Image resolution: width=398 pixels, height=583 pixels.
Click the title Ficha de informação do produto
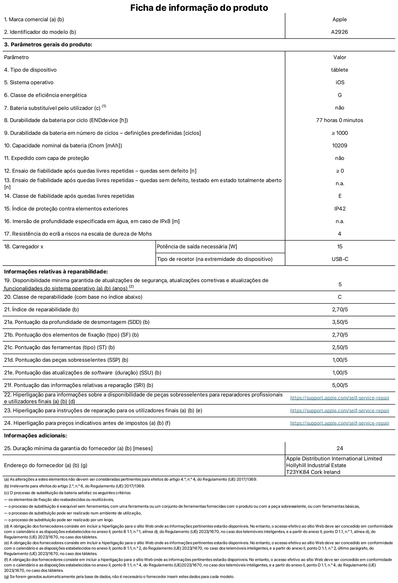click(199, 7)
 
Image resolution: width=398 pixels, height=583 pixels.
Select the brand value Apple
click(340, 19)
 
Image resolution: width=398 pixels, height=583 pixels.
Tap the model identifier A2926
click(340, 32)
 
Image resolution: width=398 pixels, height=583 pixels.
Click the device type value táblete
click(340, 70)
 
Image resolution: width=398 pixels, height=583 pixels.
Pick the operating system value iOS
click(340, 82)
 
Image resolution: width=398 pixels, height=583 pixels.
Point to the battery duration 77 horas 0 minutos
click(340, 120)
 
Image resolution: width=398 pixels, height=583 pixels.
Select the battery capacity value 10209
click(340, 146)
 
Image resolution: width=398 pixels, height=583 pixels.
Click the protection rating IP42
click(340, 209)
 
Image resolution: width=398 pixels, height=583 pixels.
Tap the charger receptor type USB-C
click(340, 259)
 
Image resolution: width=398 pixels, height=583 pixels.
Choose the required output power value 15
click(340, 247)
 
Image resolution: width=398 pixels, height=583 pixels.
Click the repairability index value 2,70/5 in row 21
click(340, 309)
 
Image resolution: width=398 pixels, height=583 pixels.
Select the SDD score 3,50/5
click(340, 322)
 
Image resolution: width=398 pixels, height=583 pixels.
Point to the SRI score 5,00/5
click(340, 385)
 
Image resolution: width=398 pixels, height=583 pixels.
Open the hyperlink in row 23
click(340, 410)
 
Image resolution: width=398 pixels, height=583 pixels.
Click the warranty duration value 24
click(340, 448)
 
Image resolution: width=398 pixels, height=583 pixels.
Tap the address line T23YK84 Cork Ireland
click(313, 472)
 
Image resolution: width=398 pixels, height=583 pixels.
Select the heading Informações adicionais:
click(35, 436)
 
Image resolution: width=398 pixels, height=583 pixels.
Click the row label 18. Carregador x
click(24, 247)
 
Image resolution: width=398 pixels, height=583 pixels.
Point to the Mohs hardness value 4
click(340, 234)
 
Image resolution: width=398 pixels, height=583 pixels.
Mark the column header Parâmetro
click(16, 57)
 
